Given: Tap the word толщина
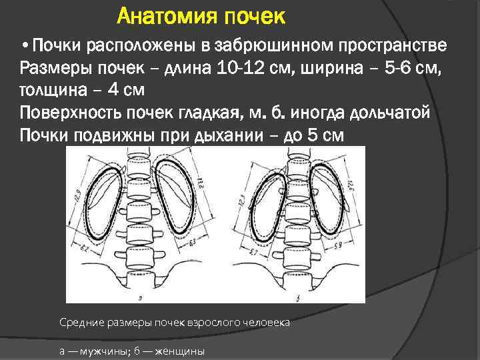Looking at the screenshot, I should [53, 91].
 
